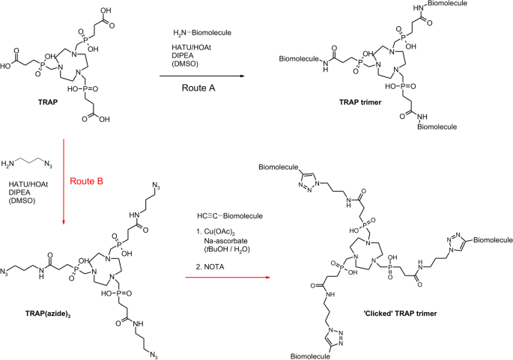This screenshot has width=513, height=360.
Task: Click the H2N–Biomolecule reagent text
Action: (196, 33)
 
